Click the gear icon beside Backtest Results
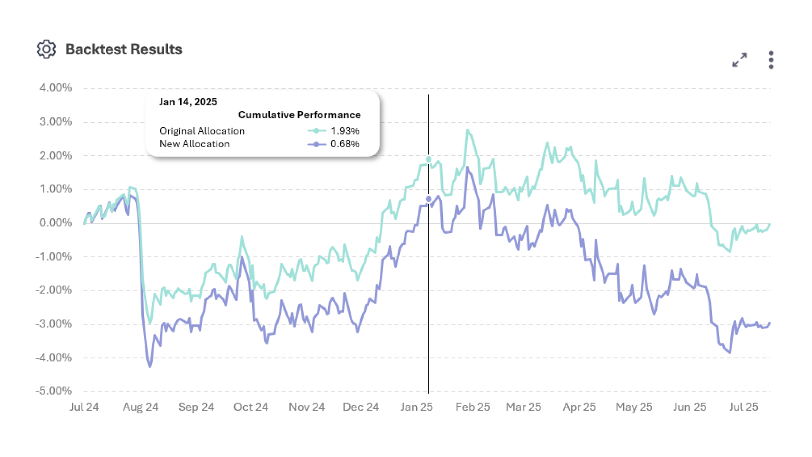[46, 50]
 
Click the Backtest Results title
[123, 50]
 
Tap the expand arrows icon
[740, 60]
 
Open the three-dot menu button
[771, 60]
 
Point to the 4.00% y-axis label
[55, 88]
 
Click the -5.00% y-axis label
[54, 391]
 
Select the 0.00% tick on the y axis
[55, 223]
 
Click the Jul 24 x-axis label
[84, 407]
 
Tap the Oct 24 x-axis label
[251, 407]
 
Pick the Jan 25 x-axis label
[417, 407]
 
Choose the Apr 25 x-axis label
[579, 407]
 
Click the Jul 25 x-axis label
[743, 407]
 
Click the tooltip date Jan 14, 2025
[188, 102]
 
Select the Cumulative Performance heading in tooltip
[299, 115]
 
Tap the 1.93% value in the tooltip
[345, 131]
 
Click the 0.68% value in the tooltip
[345, 144]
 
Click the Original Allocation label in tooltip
[202, 131]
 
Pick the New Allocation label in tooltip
[194, 144]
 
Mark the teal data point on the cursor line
[428, 160]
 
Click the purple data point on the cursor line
[428, 199]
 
